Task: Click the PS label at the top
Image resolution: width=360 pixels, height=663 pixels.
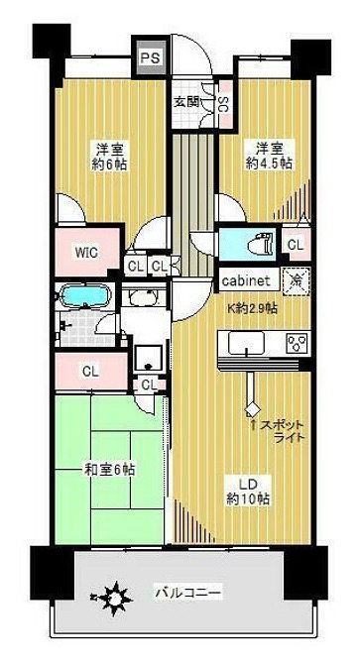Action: tap(151, 58)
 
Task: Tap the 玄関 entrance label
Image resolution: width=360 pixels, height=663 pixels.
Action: tap(185, 101)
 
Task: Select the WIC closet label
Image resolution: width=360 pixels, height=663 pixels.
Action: tap(86, 252)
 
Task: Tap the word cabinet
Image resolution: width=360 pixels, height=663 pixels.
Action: tap(248, 280)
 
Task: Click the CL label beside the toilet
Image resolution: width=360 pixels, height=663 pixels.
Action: tap(295, 245)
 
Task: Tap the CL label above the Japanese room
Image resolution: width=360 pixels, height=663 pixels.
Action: tap(89, 373)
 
